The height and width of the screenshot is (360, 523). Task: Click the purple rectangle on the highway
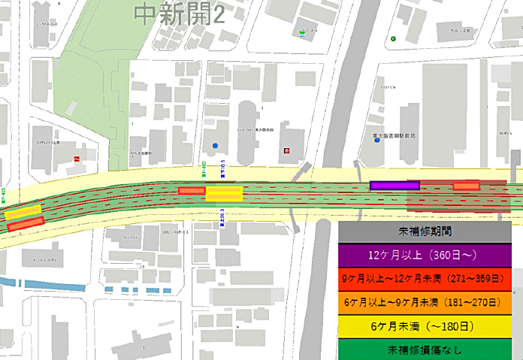pos(394,185)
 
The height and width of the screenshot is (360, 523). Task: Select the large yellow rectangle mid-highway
pos(224,194)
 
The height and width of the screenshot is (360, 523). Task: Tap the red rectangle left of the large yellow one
pos(191,191)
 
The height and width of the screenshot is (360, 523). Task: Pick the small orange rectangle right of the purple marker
pos(466,186)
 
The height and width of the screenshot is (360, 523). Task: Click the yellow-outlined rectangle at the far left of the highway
pos(23,212)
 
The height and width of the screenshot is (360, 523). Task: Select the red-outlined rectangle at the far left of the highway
pos(26,222)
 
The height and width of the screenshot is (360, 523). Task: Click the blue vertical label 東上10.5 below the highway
pos(222,219)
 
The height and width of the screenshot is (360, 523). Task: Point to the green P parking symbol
pos(392,38)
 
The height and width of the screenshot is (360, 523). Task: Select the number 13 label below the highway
pos(141,267)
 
